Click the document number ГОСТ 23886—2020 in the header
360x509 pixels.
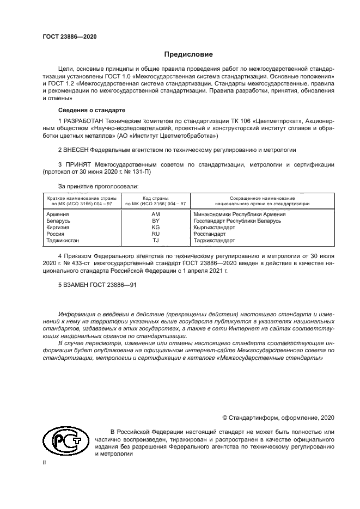click(x=69, y=36)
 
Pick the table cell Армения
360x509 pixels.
click(x=58, y=214)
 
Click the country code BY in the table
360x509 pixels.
click(x=155, y=221)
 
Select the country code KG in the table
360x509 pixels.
click(x=155, y=228)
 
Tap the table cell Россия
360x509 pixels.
click(x=56, y=234)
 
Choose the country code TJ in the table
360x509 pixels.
click(x=155, y=241)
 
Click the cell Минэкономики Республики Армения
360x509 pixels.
click(x=240, y=214)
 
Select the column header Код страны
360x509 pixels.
click(x=156, y=198)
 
